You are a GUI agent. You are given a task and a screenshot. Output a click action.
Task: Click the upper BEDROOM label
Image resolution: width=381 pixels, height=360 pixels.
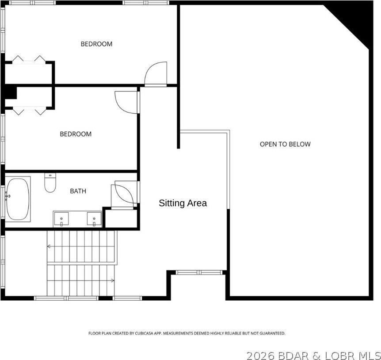pyautogui.click(x=96, y=44)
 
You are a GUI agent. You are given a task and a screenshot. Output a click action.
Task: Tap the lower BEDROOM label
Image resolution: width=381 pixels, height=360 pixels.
pyautogui.click(x=76, y=134)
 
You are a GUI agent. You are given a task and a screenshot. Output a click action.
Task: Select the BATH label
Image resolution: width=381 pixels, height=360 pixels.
pyautogui.click(x=78, y=191)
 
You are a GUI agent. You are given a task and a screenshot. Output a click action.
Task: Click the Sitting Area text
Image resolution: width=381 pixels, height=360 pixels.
pyautogui.click(x=183, y=203)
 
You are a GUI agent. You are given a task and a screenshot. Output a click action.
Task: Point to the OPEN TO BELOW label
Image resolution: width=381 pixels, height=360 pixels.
pyautogui.click(x=285, y=144)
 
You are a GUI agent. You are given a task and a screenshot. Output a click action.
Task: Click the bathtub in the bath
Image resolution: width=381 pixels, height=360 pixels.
pyautogui.click(x=18, y=199)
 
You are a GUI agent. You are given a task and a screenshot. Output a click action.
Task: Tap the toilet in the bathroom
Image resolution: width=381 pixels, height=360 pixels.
pyautogui.click(x=50, y=183)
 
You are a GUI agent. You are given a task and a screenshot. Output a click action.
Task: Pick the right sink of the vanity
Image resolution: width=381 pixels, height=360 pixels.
pyautogui.click(x=94, y=218)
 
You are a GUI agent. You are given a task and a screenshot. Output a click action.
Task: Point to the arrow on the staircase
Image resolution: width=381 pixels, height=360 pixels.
pyautogui.click(x=112, y=280)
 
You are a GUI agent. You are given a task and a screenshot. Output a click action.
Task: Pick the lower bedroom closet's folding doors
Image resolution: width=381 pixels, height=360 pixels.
pyautogui.click(x=29, y=111)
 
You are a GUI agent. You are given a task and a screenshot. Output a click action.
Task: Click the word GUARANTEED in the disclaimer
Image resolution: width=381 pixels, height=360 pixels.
pyautogui.click(x=271, y=333)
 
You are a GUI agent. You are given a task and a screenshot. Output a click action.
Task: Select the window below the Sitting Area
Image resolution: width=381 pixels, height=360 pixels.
pyautogui.click(x=198, y=272)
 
